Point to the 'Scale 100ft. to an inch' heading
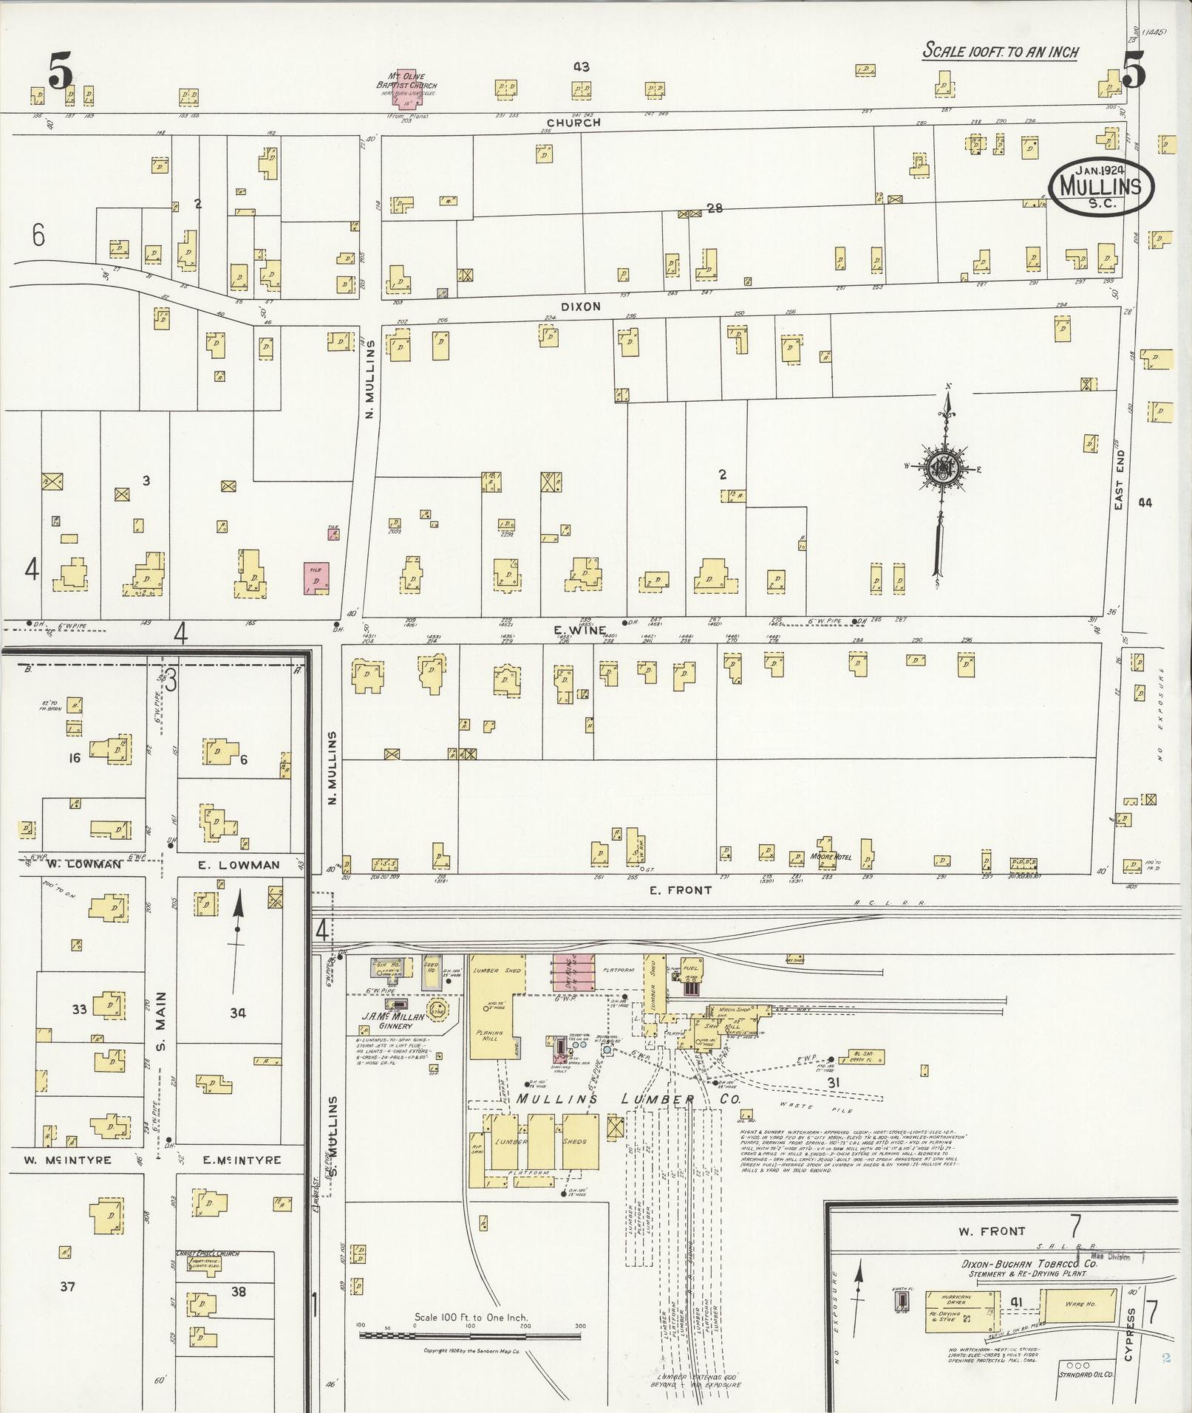(x=1001, y=51)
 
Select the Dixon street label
(x=580, y=306)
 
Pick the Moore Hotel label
(x=831, y=857)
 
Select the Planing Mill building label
(x=488, y=1036)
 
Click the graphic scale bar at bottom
(x=470, y=1335)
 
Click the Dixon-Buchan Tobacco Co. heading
(x=1029, y=1264)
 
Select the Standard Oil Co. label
(x=1086, y=1375)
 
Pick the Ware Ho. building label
(x=1080, y=1304)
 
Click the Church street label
(x=573, y=123)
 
